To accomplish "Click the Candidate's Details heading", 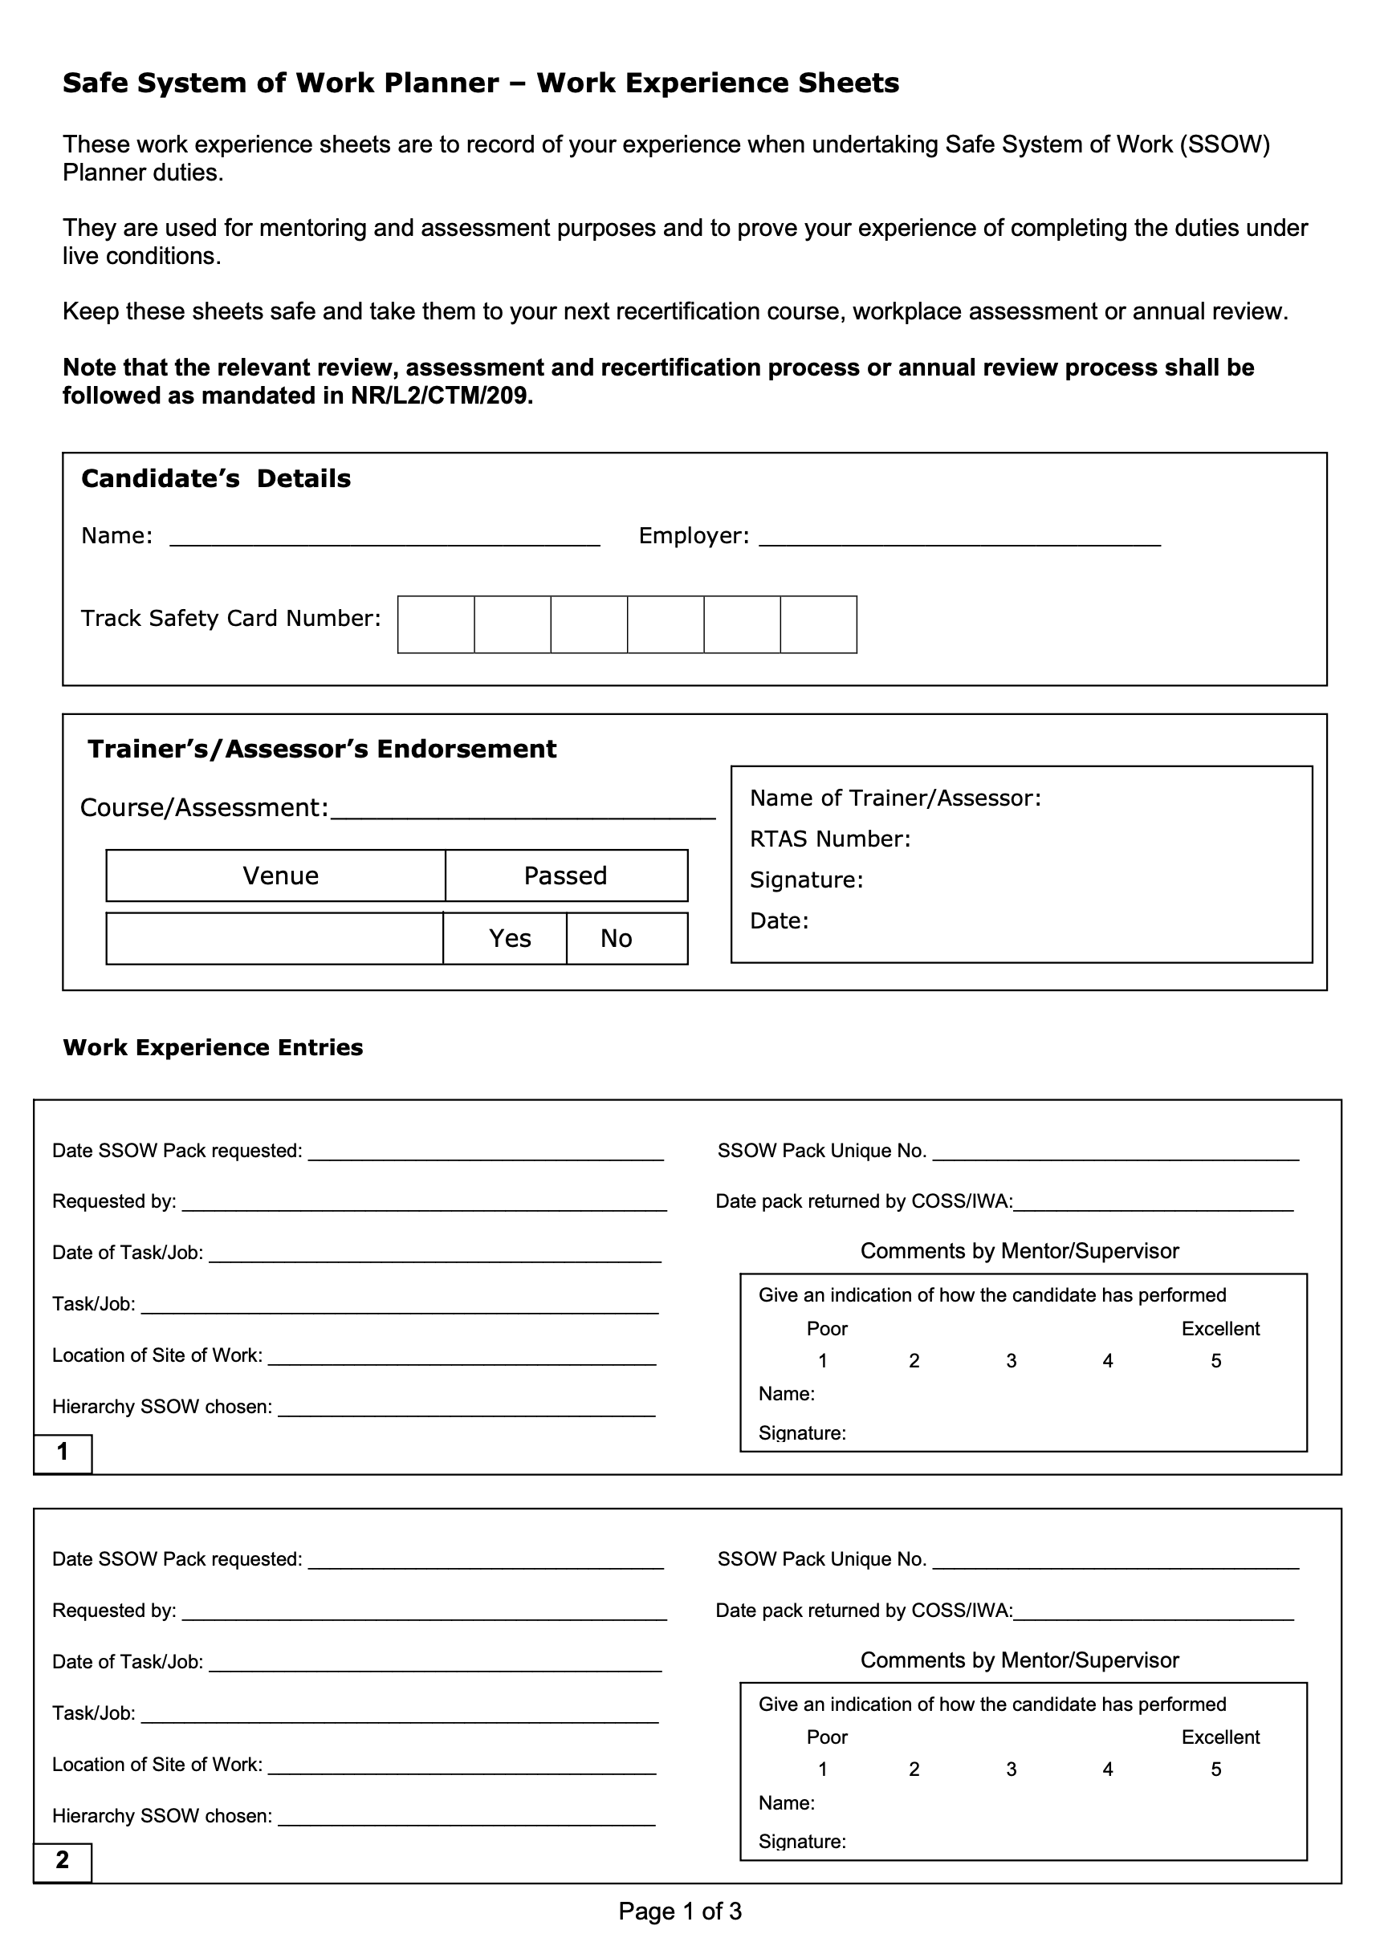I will [x=215, y=479].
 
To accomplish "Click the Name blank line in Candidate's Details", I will [x=385, y=538].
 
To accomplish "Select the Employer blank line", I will [x=959, y=538].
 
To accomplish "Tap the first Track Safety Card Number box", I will [x=435, y=625].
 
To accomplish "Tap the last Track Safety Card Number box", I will [x=819, y=625].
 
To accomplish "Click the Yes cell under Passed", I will [x=509, y=938].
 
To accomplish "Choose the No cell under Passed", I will [x=617, y=938].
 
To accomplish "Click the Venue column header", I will [x=280, y=876].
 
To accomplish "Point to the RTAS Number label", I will [x=829, y=839].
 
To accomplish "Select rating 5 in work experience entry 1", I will [x=1216, y=1360].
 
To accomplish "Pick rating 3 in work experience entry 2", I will [x=1011, y=1769].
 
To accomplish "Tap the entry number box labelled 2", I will [x=63, y=1861].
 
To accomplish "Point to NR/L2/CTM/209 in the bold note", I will [x=442, y=396].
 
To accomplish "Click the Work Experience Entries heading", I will [x=213, y=1048].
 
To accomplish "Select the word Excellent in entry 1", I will [x=1220, y=1329].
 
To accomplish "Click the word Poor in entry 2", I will [x=827, y=1737].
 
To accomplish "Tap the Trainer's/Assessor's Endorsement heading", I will [x=322, y=750].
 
